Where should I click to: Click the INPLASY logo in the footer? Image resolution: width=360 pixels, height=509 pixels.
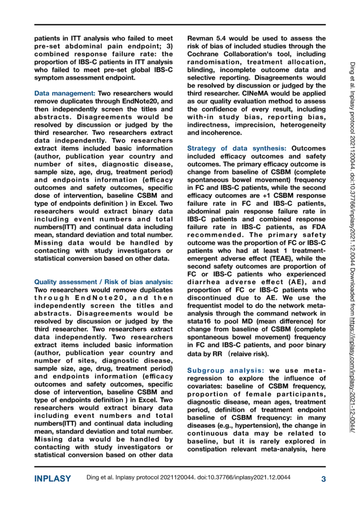coord(53,479)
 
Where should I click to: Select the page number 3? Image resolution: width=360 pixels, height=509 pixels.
coord(323,479)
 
